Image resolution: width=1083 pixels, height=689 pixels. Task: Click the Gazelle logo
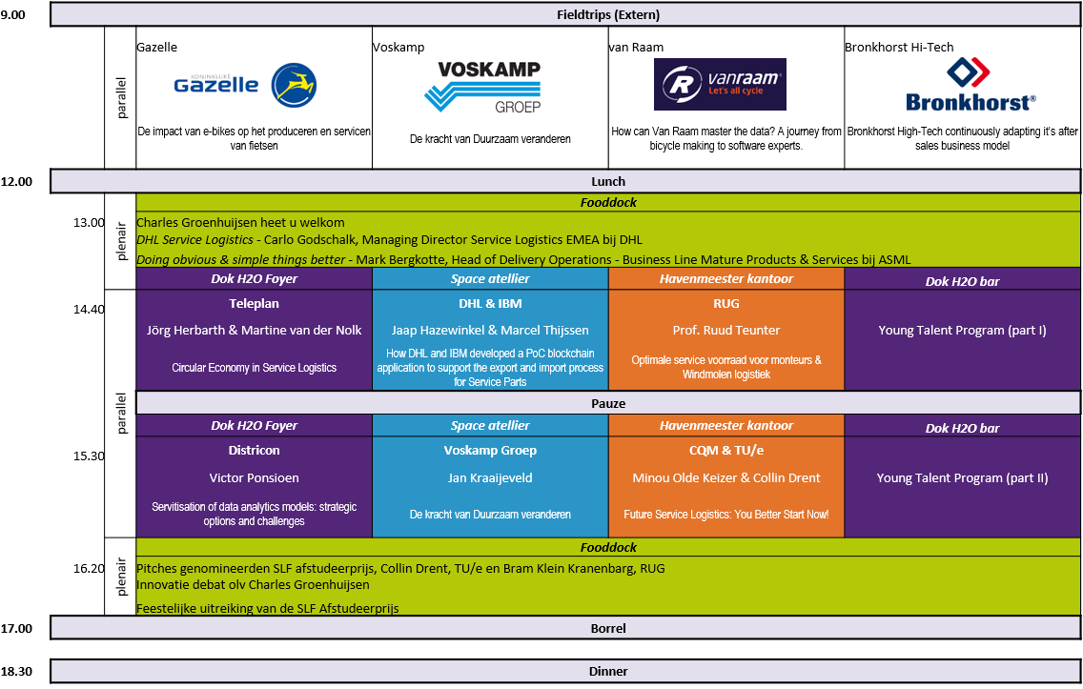(246, 85)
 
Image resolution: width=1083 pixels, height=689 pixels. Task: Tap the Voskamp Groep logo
(481, 89)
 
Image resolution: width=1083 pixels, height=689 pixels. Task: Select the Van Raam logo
(720, 84)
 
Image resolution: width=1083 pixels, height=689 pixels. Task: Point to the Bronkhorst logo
(971, 84)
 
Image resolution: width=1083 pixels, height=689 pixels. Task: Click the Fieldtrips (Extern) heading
(608, 14)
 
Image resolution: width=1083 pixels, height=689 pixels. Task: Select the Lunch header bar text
(608, 181)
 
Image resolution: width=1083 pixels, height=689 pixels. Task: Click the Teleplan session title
(254, 304)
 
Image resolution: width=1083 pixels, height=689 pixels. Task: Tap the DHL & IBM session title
(490, 304)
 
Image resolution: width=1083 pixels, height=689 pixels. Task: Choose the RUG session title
(725, 304)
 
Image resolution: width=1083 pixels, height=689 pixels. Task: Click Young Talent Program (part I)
(962, 331)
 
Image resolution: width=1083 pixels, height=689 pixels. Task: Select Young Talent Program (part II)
(962, 478)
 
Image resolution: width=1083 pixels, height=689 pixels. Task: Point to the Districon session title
(254, 451)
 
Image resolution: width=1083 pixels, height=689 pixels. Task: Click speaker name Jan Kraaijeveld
(490, 478)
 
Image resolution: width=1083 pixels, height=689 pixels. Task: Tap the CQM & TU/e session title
(725, 451)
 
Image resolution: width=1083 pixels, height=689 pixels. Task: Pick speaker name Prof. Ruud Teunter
(725, 331)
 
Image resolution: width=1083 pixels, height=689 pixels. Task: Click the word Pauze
(608, 404)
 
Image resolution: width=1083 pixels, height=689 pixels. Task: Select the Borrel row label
(608, 629)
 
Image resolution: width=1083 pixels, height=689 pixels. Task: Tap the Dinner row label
(608, 672)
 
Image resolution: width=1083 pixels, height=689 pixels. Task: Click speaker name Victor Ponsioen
(254, 478)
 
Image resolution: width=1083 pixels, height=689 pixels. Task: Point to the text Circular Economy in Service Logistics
(254, 368)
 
